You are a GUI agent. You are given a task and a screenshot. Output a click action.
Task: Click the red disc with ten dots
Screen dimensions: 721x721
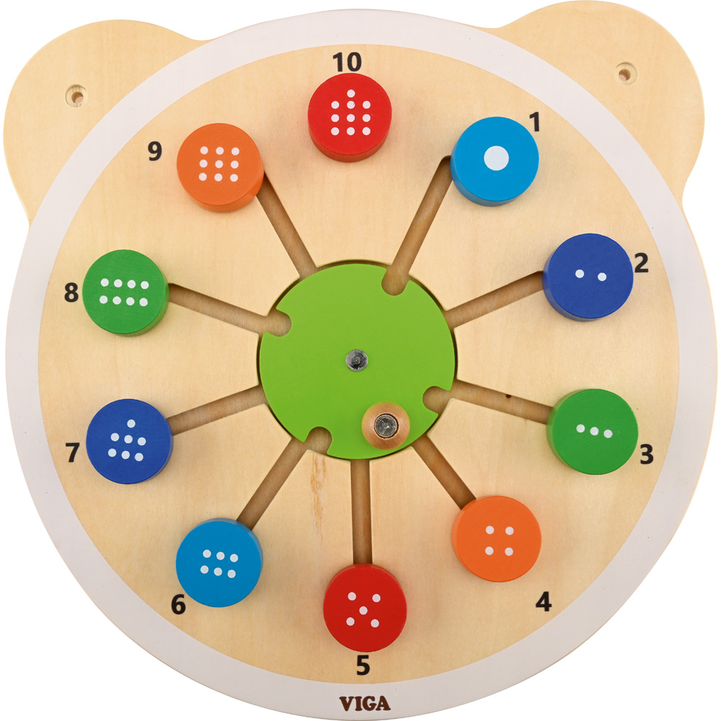point(350,117)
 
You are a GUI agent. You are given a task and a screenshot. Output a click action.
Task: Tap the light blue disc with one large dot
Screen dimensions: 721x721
point(495,161)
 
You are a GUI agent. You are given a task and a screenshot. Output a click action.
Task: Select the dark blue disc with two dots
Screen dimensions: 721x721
point(588,277)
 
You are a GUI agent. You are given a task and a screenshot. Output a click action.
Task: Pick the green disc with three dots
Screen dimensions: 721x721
point(593,431)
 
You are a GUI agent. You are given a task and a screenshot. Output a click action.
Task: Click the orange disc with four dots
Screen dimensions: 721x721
point(497,539)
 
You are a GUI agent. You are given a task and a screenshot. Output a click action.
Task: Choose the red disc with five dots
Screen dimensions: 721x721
point(365,607)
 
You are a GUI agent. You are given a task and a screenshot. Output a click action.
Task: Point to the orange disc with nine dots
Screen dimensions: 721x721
point(220,167)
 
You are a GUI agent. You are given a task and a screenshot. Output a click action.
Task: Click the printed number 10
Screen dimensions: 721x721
point(348,62)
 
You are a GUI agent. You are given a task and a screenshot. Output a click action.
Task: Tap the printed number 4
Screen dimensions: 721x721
point(544,601)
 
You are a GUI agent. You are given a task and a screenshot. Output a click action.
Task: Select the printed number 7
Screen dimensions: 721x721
point(73,453)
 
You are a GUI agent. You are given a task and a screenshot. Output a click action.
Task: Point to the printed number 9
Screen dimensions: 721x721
point(155,151)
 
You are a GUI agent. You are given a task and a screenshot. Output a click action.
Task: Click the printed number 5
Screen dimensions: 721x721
point(363,665)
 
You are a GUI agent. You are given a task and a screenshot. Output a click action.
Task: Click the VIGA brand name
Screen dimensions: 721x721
point(365,704)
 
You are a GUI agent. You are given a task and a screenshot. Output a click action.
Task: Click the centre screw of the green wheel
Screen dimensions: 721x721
point(357,359)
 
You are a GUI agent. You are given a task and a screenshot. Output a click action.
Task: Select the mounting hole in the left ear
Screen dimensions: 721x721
point(77,96)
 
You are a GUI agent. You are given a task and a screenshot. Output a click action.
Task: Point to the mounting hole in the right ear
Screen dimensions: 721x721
point(627,73)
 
